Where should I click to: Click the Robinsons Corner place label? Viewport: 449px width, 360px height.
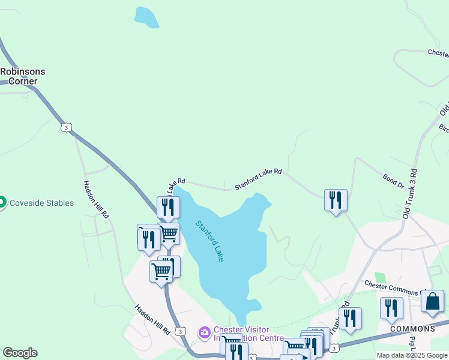click(23, 76)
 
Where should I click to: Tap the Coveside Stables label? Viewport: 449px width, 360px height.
click(42, 203)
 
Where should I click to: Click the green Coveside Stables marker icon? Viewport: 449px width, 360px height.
click(2, 203)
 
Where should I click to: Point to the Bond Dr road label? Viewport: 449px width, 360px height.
click(393, 181)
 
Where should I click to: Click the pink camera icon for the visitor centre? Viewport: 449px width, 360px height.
click(205, 332)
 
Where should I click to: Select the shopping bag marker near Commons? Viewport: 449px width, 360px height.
click(432, 302)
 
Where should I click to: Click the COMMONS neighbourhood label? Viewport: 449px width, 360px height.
click(412, 329)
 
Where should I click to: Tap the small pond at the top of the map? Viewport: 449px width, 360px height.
click(146, 18)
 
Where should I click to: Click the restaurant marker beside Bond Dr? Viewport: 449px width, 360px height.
click(336, 200)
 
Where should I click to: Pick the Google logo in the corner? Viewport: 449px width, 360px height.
click(20, 353)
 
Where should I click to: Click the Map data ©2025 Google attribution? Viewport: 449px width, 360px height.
click(412, 355)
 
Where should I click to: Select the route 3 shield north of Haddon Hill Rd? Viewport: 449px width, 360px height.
click(66, 127)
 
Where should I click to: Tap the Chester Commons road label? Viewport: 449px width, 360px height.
click(391, 289)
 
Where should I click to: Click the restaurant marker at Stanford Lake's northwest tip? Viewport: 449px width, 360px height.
click(168, 208)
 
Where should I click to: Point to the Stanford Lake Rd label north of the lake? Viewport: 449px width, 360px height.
click(258, 179)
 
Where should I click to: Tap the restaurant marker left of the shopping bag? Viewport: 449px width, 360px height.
click(391, 308)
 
